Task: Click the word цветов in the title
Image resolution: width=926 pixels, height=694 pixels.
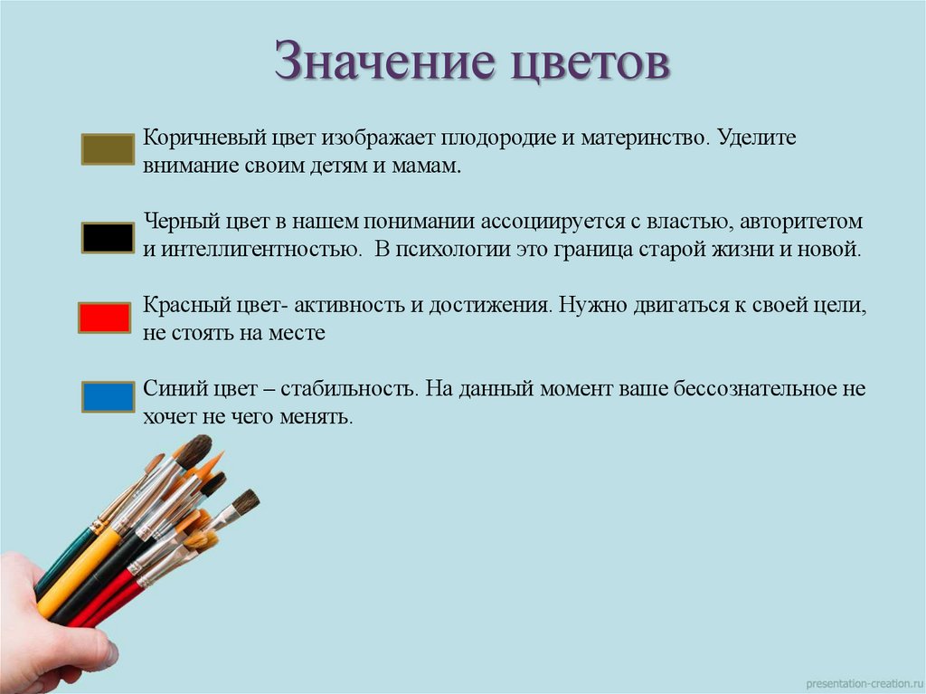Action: click(588, 65)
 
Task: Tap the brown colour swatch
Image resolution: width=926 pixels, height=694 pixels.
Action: click(108, 149)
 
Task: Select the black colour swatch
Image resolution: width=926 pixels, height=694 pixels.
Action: click(108, 236)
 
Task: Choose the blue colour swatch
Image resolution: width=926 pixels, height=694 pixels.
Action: click(108, 397)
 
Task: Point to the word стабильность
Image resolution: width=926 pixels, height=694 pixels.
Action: click(347, 389)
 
